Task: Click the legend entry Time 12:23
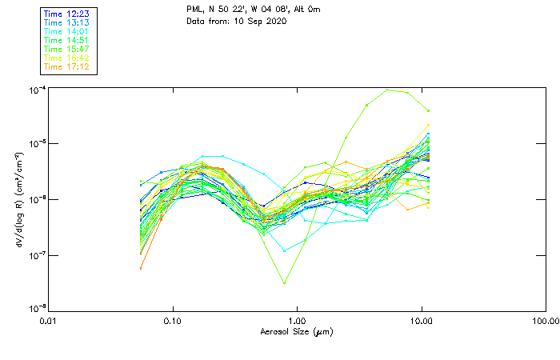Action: [x=67, y=14]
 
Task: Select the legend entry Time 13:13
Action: [x=67, y=22]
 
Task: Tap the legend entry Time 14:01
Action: [x=67, y=31]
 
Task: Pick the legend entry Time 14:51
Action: [x=67, y=40]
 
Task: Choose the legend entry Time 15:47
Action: [x=67, y=49]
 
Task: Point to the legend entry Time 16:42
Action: [x=67, y=58]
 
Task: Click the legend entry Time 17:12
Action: [x=67, y=66]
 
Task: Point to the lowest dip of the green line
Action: [x=284, y=282]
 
